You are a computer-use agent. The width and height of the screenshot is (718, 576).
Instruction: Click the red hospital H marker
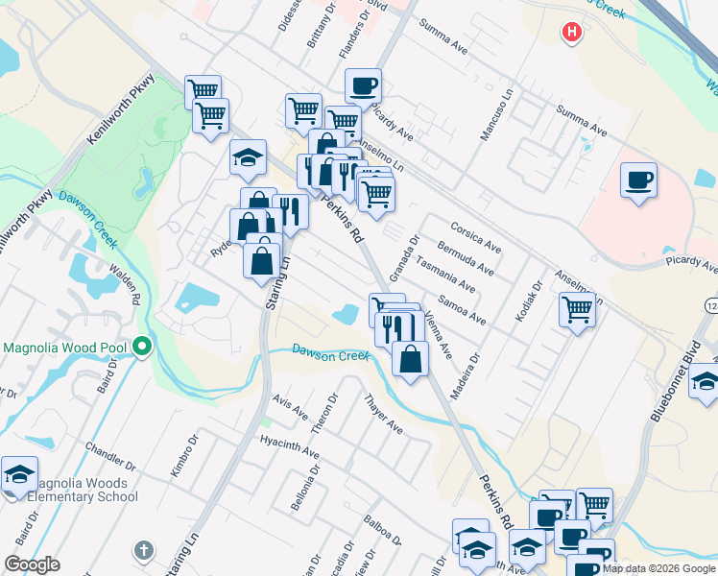click(572, 33)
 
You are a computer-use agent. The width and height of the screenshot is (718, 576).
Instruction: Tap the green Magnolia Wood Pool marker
click(143, 345)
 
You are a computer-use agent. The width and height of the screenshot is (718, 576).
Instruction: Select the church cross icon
click(144, 550)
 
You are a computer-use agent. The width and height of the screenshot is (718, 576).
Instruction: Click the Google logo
click(32, 564)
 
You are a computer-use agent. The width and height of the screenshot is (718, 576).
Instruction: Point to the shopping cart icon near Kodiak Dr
click(577, 309)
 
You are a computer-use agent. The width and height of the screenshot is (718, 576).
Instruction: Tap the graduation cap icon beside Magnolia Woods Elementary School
click(19, 474)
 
